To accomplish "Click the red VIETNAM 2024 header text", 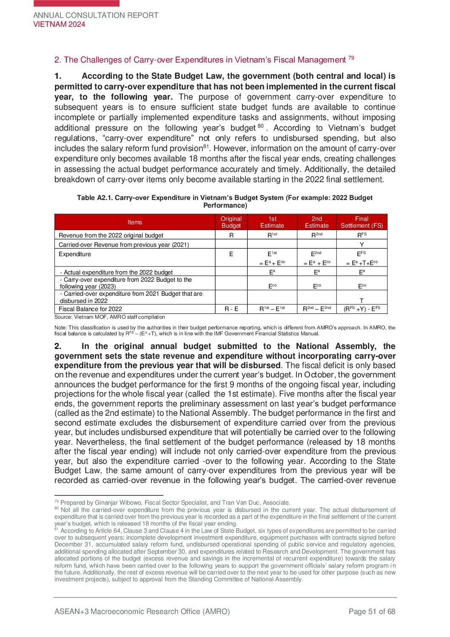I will tap(59, 24).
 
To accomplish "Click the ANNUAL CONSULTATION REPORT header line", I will tap(96, 15).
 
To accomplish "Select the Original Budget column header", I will tap(231, 222).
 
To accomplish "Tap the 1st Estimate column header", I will tap(272, 222).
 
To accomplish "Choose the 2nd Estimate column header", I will tap(317, 222).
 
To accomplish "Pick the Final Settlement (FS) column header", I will tap(362, 222).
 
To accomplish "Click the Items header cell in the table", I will tap(135, 222).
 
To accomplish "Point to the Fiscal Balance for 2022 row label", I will tap(90, 309).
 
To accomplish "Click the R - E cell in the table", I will tap(231, 309).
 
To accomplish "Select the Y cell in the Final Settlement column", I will tap(362, 245).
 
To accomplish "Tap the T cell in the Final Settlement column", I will tap(362, 300).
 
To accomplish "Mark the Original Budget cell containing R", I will tap(231, 235).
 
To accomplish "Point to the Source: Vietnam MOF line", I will tap(110, 317).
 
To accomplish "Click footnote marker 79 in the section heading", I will tap(351, 58).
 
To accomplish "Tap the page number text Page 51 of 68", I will tap(372, 611).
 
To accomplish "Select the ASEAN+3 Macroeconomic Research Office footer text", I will tap(142, 611).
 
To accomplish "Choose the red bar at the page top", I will tap(77, 3).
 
